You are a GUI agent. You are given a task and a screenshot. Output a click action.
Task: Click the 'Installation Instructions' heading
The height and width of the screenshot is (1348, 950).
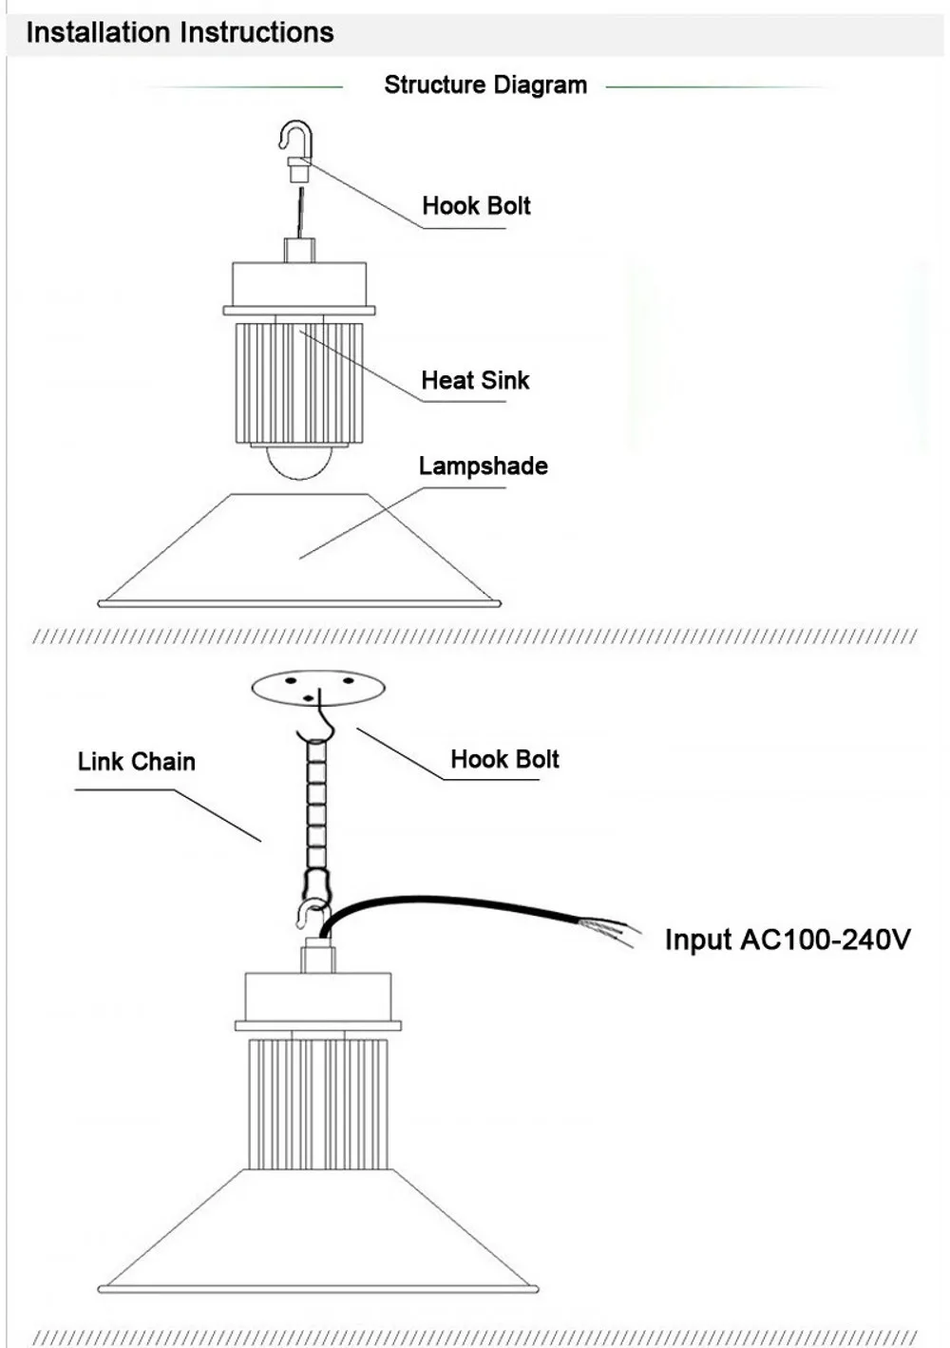(x=180, y=32)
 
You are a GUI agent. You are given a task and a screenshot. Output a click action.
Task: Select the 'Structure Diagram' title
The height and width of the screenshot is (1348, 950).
(x=484, y=85)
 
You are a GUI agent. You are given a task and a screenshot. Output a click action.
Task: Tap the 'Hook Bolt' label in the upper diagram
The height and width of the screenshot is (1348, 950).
(x=476, y=205)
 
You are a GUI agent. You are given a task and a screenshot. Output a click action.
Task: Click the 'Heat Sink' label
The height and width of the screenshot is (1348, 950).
(x=475, y=380)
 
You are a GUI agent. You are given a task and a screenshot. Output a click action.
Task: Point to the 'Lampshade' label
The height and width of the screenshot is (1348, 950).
(x=483, y=465)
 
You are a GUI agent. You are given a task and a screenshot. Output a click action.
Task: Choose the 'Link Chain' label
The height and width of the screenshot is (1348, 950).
(x=137, y=761)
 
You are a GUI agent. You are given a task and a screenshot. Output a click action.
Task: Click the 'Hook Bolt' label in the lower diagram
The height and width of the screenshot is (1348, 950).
(x=504, y=759)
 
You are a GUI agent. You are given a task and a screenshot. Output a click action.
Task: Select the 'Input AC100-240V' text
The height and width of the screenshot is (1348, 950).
(x=787, y=940)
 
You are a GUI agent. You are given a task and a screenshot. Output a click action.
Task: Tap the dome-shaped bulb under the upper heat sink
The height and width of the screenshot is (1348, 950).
(x=298, y=461)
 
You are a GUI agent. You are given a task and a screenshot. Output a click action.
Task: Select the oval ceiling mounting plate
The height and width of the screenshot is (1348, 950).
(x=318, y=687)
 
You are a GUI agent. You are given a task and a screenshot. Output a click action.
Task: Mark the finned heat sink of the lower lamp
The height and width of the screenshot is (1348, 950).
(x=318, y=1102)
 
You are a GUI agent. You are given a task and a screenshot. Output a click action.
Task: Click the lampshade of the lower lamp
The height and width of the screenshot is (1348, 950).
(x=318, y=1235)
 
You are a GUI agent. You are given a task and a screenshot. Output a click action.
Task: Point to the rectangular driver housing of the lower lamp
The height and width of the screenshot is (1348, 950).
(x=318, y=996)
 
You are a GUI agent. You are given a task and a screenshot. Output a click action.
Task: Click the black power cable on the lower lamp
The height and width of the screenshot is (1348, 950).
(x=446, y=902)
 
